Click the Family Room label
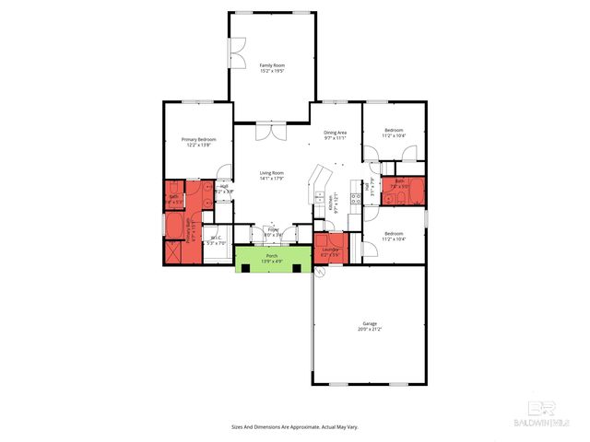click(271, 65)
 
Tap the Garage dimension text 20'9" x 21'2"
click(369, 329)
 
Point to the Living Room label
click(271, 173)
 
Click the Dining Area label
click(335, 133)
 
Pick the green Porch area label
click(272, 255)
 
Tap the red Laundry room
click(330, 250)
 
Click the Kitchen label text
click(334, 203)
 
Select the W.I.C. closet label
click(217, 238)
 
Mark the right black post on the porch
click(296, 268)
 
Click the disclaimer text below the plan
click(295, 426)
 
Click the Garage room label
click(369, 323)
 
